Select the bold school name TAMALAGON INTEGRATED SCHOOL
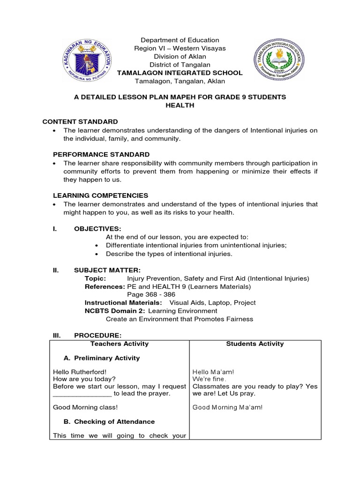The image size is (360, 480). tap(180, 73)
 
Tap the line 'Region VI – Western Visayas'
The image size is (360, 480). tap(180, 48)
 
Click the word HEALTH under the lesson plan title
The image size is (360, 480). tap(180, 105)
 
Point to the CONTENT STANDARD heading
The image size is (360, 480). tap(80, 121)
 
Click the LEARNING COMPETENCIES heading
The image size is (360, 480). tap(94, 195)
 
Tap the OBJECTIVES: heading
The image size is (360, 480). tap(97, 228)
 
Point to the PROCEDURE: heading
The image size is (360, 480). tap(97, 336)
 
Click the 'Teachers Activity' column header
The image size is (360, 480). tap(120, 344)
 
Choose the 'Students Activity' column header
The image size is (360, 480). tap(255, 344)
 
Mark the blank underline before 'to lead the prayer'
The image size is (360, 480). tap(82, 393)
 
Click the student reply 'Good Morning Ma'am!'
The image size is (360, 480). tap(228, 407)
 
